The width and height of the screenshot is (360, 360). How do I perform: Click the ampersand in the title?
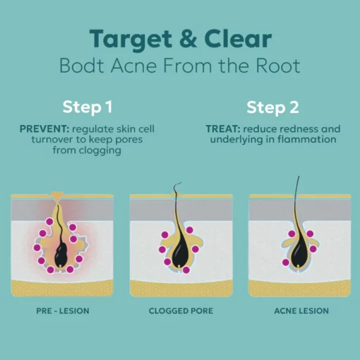click(x=188, y=39)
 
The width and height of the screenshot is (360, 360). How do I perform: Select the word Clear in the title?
click(x=238, y=38)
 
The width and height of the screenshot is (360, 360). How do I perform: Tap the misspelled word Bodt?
click(x=82, y=66)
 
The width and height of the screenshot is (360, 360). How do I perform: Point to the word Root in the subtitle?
click(x=278, y=66)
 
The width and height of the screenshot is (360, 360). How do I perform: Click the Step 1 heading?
click(x=88, y=107)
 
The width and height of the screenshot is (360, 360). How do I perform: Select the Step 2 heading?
click(x=272, y=107)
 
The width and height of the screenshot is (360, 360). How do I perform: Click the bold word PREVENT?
click(x=44, y=129)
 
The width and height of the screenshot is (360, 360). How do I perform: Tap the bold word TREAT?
click(x=223, y=129)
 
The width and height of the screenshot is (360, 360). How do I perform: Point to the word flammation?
click(x=307, y=139)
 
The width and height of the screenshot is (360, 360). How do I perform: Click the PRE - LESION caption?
click(x=63, y=311)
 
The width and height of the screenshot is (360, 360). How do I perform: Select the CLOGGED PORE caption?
click(x=181, y=311)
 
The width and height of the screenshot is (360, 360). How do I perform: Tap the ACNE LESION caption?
click(x=301, y=311)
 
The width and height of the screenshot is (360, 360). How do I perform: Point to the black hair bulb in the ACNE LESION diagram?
click(x=299, y=253)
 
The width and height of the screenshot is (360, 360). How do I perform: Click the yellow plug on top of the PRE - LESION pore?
click(x=58, y=196)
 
